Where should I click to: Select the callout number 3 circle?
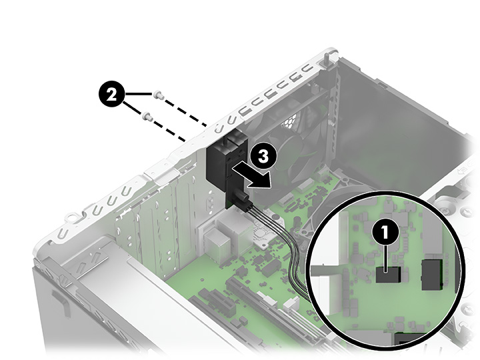262,157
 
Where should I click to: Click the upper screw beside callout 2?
157,95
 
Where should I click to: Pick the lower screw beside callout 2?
148,117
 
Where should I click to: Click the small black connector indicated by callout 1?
386,274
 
